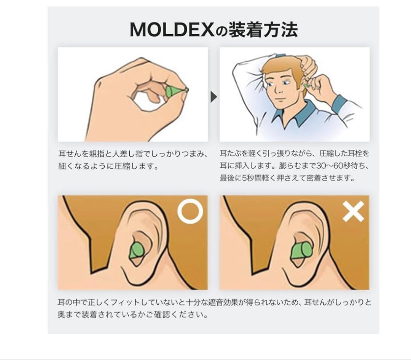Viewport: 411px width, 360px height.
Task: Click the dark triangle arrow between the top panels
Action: tap(213, 97)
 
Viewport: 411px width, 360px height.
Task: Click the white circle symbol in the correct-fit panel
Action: tap(190, 211)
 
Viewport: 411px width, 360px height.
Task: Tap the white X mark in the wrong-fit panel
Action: tap(353, 211)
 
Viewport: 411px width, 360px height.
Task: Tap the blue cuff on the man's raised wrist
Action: tap(339, 103)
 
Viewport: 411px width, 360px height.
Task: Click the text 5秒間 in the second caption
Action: tap(249, 178)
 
